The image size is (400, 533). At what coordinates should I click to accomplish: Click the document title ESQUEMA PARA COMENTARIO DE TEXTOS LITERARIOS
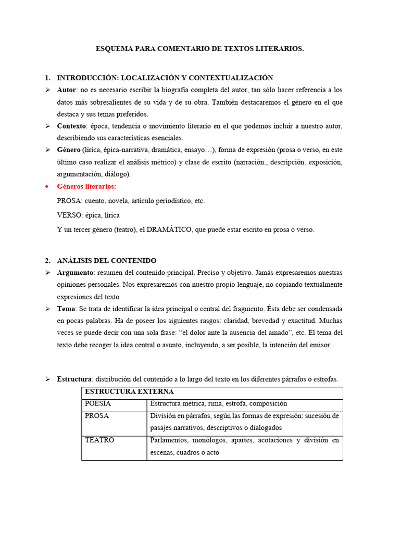[199, 48]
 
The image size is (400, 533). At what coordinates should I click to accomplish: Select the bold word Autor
[67, 90]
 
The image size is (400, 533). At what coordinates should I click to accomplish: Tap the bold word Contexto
[71, 126]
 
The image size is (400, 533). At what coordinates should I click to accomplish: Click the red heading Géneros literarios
[86, 186]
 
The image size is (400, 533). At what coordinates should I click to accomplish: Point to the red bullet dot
[47, 186]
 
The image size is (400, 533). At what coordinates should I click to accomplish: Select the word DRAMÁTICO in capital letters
[169, 230]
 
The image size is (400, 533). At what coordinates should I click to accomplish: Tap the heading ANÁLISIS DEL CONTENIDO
[106, 260]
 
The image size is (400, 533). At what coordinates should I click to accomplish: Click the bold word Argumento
[75, 273]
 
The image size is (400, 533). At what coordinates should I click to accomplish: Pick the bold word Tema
[66, 309]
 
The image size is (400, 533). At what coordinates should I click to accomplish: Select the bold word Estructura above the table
[74, 379]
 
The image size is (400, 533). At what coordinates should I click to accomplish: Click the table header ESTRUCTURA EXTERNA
[129, 391]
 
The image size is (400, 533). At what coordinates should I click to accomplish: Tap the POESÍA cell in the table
[98, 404]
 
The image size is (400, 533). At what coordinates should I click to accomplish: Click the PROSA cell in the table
[97, 416]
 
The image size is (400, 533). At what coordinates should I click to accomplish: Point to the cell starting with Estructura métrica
[218, 404]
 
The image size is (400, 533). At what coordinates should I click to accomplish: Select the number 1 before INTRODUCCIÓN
[47, 78]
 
